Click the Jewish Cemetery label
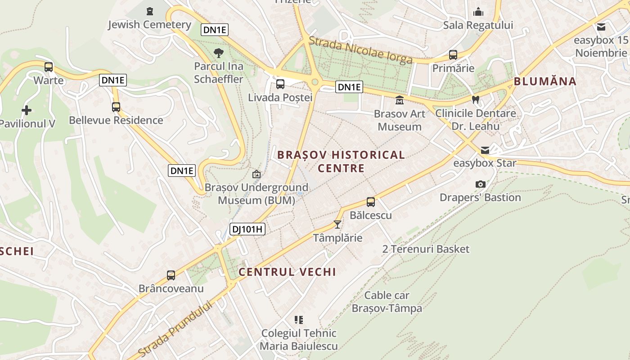click(149, 24)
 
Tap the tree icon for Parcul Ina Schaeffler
click(219, 53)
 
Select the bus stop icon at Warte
click(49, 67)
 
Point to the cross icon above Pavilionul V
click(27, 110)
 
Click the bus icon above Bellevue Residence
click(116, 107)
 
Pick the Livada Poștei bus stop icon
click(280, 84)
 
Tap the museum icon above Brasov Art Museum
click(399, 100)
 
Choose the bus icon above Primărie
click(453, 55)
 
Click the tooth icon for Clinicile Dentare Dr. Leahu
click(475, 99)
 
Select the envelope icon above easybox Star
click(485, 150)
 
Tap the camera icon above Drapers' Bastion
click(480, 184)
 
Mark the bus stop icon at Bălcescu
click(370, 202)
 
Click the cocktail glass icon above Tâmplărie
click(337, 224)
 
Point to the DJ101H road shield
click(247, 229)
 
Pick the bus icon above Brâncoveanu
click(171, 275)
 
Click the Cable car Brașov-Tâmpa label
click(387, 302)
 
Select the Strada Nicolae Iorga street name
click(360, 50)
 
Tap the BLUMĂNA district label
click(545, 81)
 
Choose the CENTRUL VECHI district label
click(287, 272)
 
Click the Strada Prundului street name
click(175, 328)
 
